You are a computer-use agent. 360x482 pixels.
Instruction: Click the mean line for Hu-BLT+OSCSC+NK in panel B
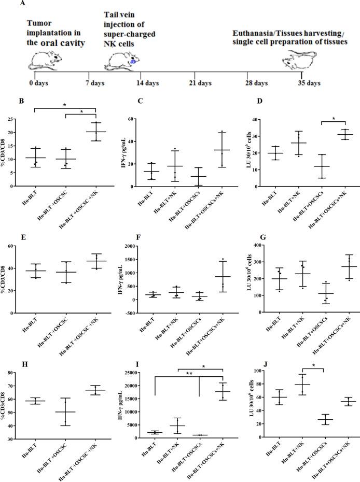96,132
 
